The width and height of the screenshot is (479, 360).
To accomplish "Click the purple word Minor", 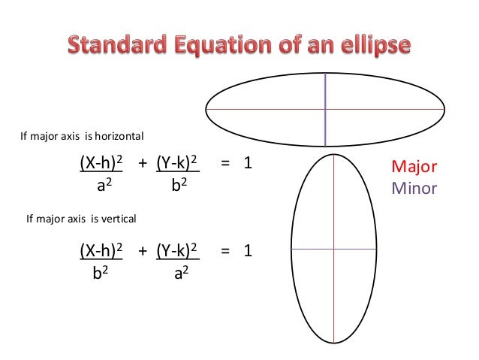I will tap(414, 188).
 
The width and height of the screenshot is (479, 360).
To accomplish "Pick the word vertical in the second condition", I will tap(116, 219).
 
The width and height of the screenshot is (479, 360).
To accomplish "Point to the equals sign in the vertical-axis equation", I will tap(225, 250).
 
